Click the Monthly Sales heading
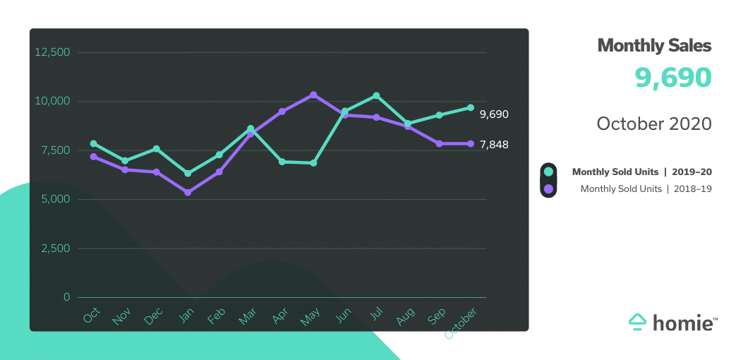pos(654,46)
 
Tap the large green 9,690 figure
pos(672,78)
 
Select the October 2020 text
pos(654,124)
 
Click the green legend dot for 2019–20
pos(548,172)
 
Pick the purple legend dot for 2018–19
pos(548,188)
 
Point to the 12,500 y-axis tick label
pos(53,52)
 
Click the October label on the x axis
pos(462,323)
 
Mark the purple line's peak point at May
pos(313,95)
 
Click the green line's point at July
pos(377,95)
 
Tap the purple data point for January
pos(188,192)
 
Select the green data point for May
pos(313,163)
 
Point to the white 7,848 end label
pos(494,145)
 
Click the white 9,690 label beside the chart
pos(494,114)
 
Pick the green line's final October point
pos(471,107)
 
